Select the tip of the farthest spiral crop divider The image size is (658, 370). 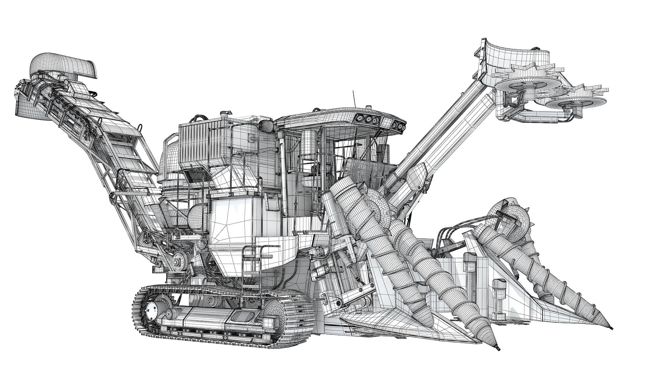[x=611, y=339]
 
